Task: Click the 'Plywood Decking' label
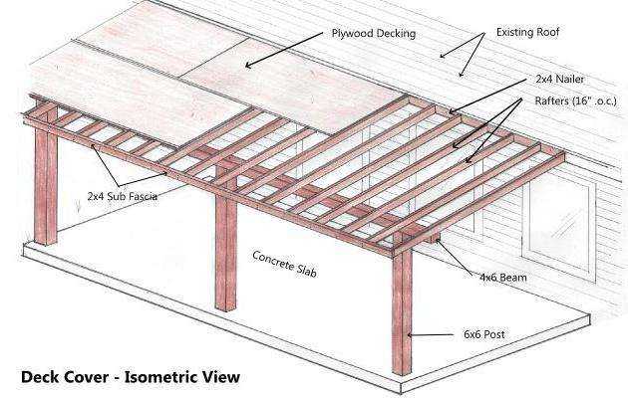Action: [373, 33]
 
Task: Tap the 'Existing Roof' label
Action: [527, 32]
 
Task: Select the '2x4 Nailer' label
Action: [559, 80]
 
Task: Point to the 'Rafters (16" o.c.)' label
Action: [575, 100]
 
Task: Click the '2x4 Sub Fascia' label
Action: [123, 196]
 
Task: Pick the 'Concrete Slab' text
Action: [284, 264]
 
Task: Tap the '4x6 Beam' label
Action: [503, 277]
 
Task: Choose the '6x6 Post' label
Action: [483, 334]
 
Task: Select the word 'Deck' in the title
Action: [39, 377]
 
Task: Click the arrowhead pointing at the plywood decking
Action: [249, 65]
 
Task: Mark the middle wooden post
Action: [226, 249]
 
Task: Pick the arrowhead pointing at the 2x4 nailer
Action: [453, 111]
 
